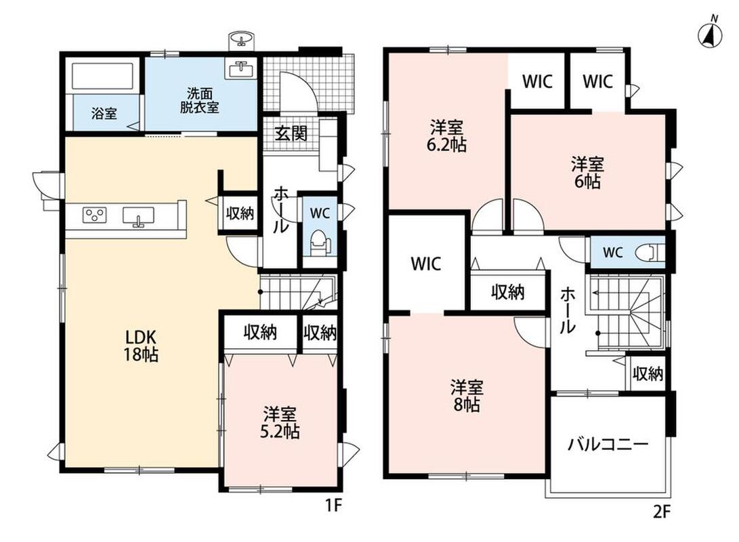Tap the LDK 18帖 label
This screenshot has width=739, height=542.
click(x=140, y=346)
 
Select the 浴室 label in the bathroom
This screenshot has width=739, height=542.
click(x=104, y=114)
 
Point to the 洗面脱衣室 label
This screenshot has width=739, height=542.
click(x=199, y=100)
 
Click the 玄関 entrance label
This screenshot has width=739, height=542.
click(x=291, y=133)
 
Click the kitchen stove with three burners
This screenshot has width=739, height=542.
click(x=95, y=215)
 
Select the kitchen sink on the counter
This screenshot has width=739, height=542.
click(x=138, y=217)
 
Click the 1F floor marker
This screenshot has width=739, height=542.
click(x=333, y=505)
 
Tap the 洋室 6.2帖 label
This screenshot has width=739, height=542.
click(x=446, y=135)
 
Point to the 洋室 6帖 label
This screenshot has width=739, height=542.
click(x=587, y=173)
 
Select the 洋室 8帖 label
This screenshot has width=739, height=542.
click(x=467, y=396)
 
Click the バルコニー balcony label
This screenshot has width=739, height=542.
click(x=608, y=444)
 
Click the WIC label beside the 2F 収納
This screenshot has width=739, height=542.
click(x=426, y=264)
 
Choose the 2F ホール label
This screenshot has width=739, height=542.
click(x=568, y=311)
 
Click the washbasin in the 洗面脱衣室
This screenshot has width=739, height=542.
click(x=242, y=69)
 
